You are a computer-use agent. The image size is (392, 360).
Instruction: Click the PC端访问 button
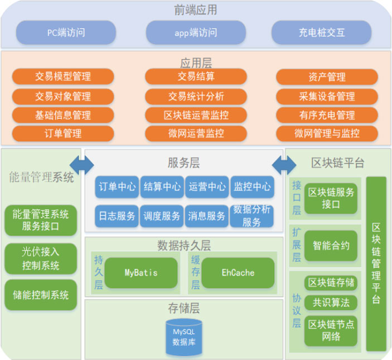[66, 32]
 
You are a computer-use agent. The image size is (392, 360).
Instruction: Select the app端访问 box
[196, 32]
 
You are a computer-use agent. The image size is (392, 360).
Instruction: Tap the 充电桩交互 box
[321, 32]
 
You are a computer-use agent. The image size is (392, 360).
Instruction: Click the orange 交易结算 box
[196, 76]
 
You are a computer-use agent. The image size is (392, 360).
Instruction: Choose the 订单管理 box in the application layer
[62, 133]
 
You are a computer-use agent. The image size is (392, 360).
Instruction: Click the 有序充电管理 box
[326, 115]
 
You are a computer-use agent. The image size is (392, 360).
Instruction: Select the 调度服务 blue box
[162, 216]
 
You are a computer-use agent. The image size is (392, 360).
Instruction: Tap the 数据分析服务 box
[251, 216]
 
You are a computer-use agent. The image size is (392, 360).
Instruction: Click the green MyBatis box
[142, 273]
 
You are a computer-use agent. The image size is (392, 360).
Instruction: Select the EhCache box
[238, 273]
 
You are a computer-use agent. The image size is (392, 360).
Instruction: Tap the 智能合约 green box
[331, 246]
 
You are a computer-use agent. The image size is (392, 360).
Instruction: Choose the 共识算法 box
[331, 303]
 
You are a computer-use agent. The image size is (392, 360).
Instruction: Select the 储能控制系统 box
[41, 295]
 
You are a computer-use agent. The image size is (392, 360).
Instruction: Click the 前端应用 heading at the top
[195, 10]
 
